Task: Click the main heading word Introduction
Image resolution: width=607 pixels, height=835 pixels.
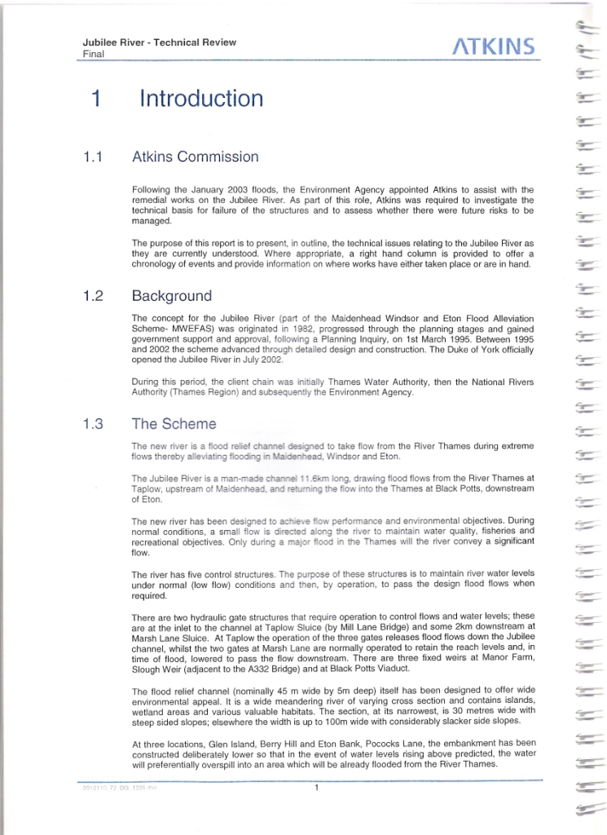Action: pos(201,99)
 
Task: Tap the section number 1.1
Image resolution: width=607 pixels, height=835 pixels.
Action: pos(92,157)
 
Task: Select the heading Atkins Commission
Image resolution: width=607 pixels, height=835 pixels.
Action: pos(196,157)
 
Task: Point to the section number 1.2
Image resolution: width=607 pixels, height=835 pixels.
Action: pos(93,296)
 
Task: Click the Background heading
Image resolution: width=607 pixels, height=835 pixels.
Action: pos(172,296)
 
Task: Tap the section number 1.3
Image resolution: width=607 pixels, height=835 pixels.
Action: pos(93,424)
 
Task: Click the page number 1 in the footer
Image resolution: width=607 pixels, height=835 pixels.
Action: pos(315,788)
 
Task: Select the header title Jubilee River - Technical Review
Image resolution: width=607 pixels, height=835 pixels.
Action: pos(159,42)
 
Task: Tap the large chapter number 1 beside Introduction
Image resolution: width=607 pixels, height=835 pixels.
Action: pos(96,99)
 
